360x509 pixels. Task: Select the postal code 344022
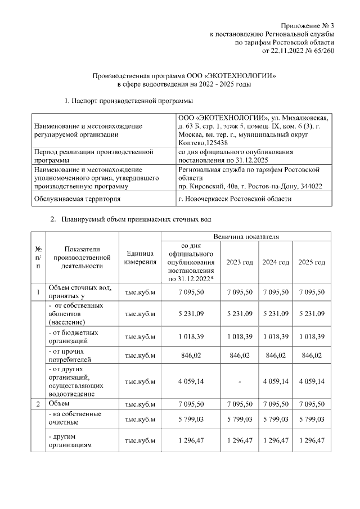tap(309, 186)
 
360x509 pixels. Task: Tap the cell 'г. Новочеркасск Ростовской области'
tap(235, 199)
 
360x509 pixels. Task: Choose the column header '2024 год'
tap(276, 263)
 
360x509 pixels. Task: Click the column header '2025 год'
tap(312, 263)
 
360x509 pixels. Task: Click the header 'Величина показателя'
tap(246, 237)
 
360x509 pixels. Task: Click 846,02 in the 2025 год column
tap(312, 355)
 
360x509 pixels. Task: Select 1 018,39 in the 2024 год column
tap(276, 336)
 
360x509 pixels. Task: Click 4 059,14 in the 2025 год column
tap(312, 381)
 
